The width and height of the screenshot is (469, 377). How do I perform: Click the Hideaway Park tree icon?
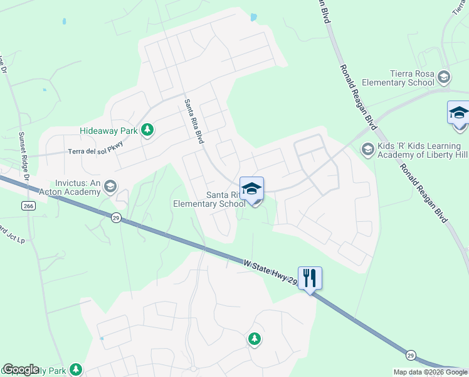pos(147,130)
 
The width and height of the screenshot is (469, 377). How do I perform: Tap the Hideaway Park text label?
pos(109,131)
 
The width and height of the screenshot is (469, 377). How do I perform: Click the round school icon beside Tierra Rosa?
pos(444,77)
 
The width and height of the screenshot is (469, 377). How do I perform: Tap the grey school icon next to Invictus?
pos(110,185)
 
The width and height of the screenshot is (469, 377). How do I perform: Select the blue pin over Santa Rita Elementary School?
pos(251,188)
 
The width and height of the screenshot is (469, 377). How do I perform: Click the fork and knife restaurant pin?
pos(310,278)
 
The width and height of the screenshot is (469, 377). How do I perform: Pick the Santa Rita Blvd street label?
pos(194,121)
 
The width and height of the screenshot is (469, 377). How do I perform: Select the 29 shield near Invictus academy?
pos(115,217)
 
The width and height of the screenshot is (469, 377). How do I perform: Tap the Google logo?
pos(21,369)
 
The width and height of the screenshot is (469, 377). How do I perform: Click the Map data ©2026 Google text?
pos(430,372)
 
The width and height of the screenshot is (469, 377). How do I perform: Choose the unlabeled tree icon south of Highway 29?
pos(254,339)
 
